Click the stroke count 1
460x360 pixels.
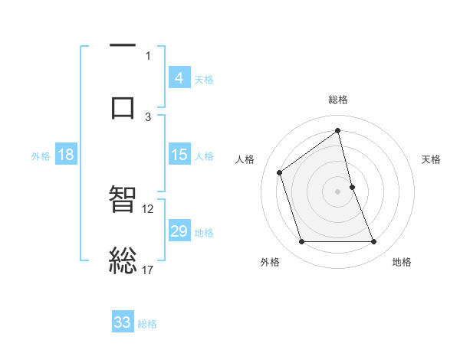pos(148,55)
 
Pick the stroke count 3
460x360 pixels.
pos(148,116)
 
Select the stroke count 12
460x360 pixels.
pos(148,208)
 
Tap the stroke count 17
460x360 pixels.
pos(148,270)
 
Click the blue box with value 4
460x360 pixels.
pos(179,78)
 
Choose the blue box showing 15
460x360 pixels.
pos(179,155)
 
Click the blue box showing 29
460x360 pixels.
pos(179,231)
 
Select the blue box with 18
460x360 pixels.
pos(66,155)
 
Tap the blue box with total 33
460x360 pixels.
pos(123,322)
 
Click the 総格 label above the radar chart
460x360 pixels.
pos(338,100)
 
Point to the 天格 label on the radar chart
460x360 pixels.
pos(431,159)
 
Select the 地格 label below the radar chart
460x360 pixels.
pos(402,262)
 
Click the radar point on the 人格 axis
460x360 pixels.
pos(280,172)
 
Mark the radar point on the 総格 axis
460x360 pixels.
pos(338,131)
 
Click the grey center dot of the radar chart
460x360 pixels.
pos(338,191)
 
